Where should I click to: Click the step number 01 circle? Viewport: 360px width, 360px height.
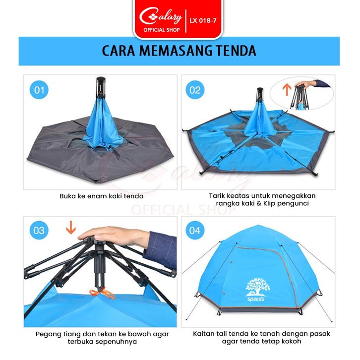pos(39,90)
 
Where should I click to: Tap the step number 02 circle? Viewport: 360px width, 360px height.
pos(195,90)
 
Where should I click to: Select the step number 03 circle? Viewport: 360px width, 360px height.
pos(39,230)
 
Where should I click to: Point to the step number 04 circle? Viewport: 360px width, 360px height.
pos(195,230)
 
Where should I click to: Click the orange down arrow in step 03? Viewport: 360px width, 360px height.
pos(71,228)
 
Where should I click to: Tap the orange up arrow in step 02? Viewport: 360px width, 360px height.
pos(287,90)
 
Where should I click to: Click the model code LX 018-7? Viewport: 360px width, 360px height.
pos(203,21)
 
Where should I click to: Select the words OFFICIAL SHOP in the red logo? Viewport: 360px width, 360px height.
pos(161,30)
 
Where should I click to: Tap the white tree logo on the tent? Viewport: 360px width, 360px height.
pos(257,287)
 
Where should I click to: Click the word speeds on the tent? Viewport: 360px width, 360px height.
pos(256,299)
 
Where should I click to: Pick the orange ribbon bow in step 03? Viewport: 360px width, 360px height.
pos(102,294)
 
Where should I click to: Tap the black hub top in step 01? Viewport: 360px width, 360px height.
pos(101,80)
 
